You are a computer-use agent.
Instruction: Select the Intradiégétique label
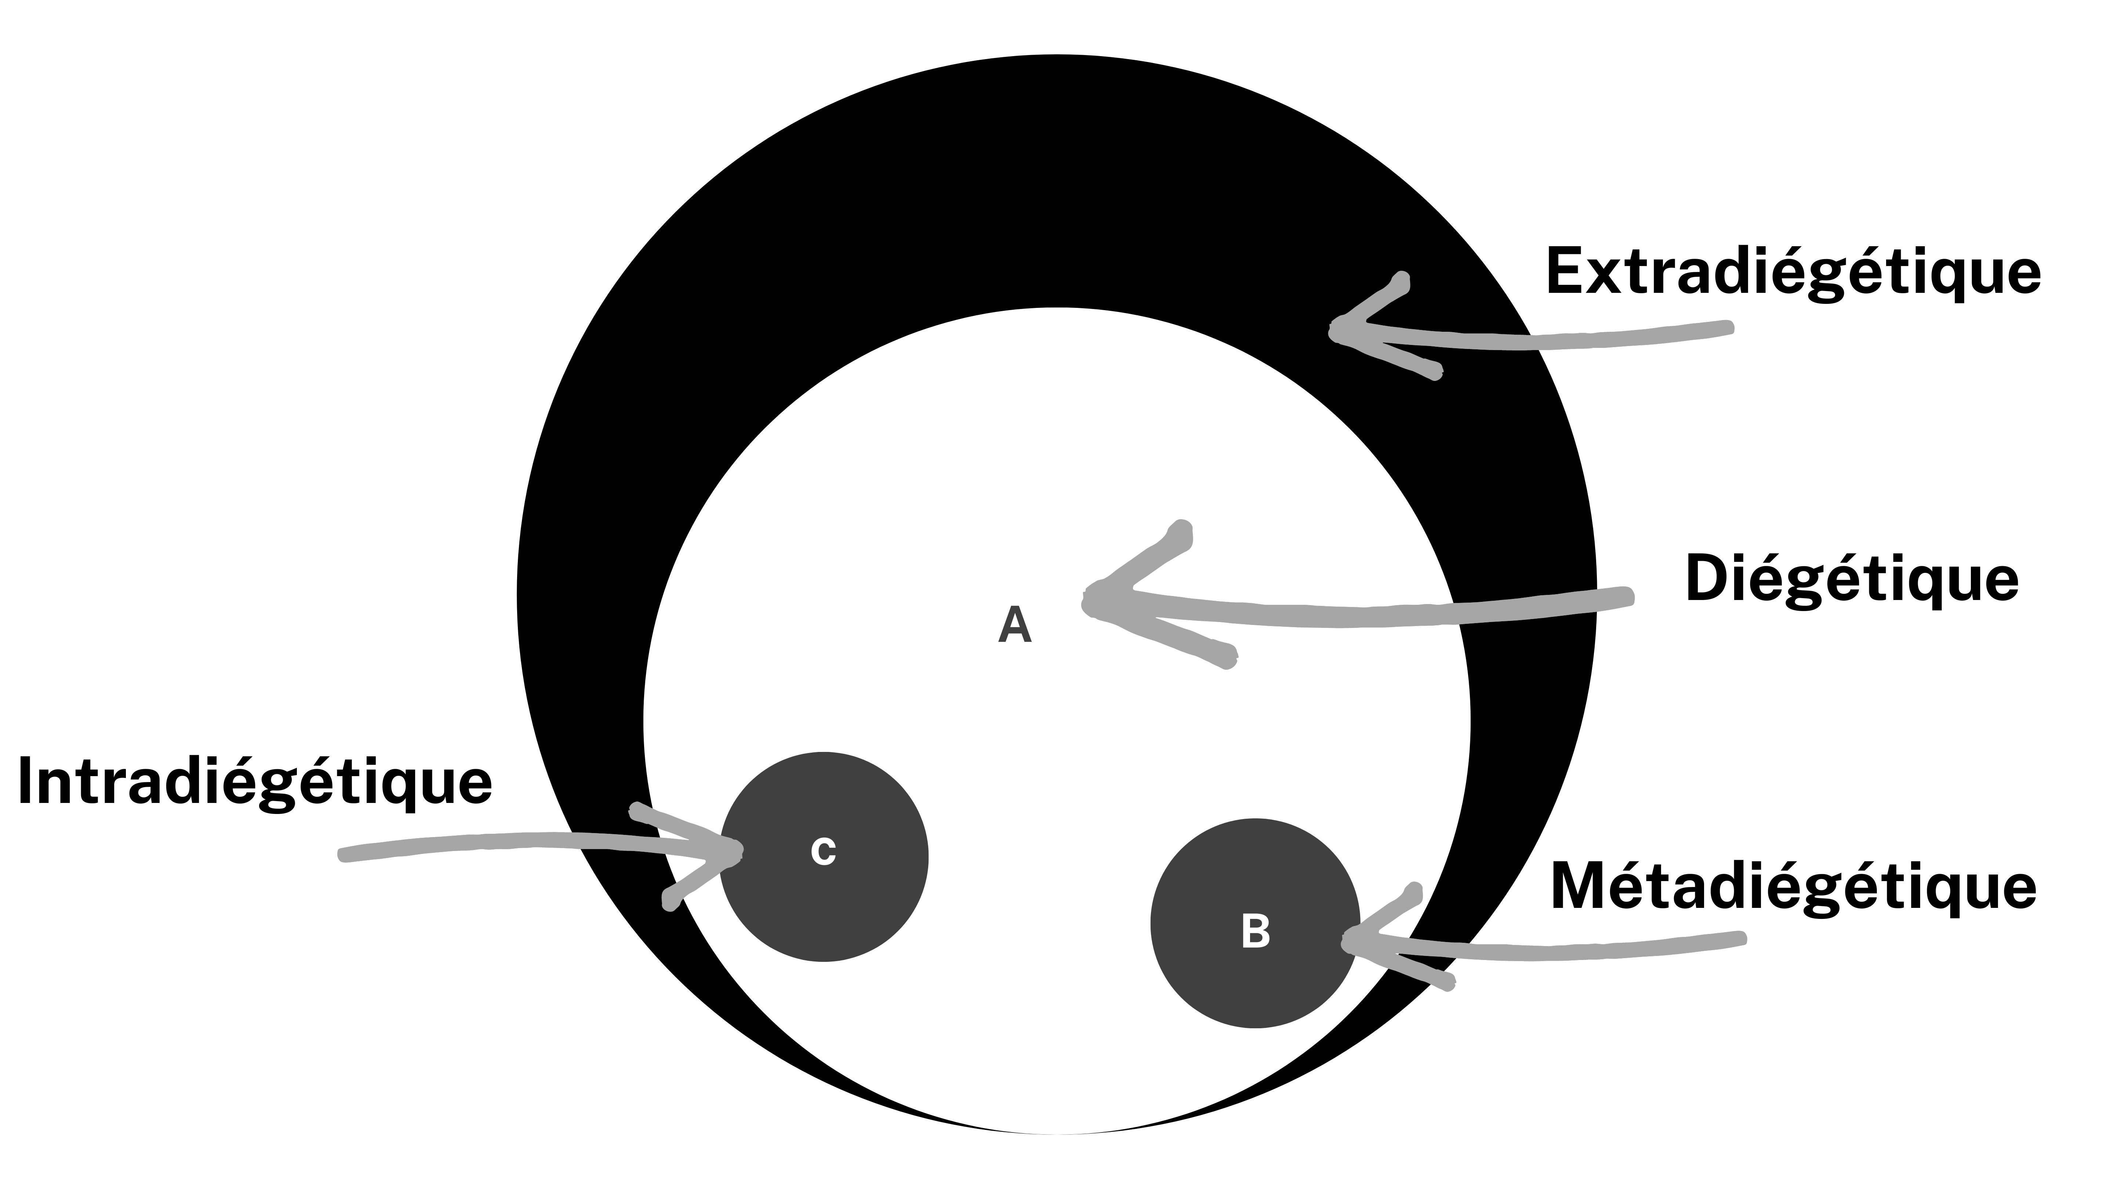coord(254,781)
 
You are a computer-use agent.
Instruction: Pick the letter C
coord(823,852)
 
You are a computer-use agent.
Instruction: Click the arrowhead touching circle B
coord(1346,940)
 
